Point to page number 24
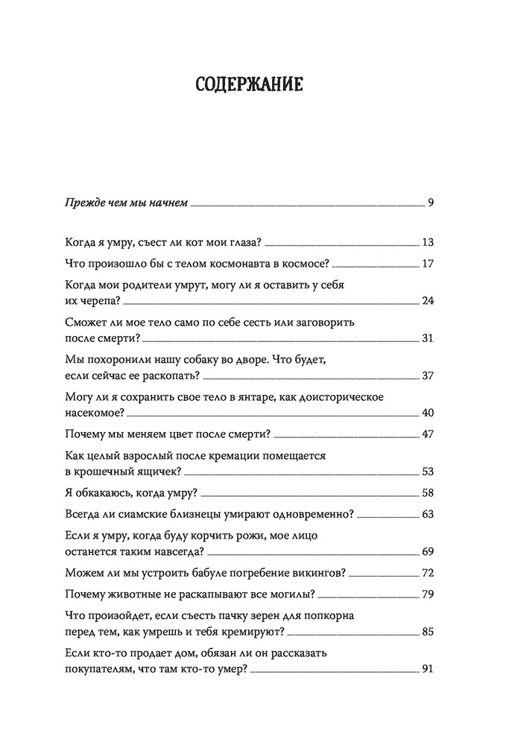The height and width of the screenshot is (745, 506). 427,300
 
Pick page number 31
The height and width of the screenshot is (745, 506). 427,338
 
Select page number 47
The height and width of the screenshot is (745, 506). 427,434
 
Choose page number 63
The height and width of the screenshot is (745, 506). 427,514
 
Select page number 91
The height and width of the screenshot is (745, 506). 427,669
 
